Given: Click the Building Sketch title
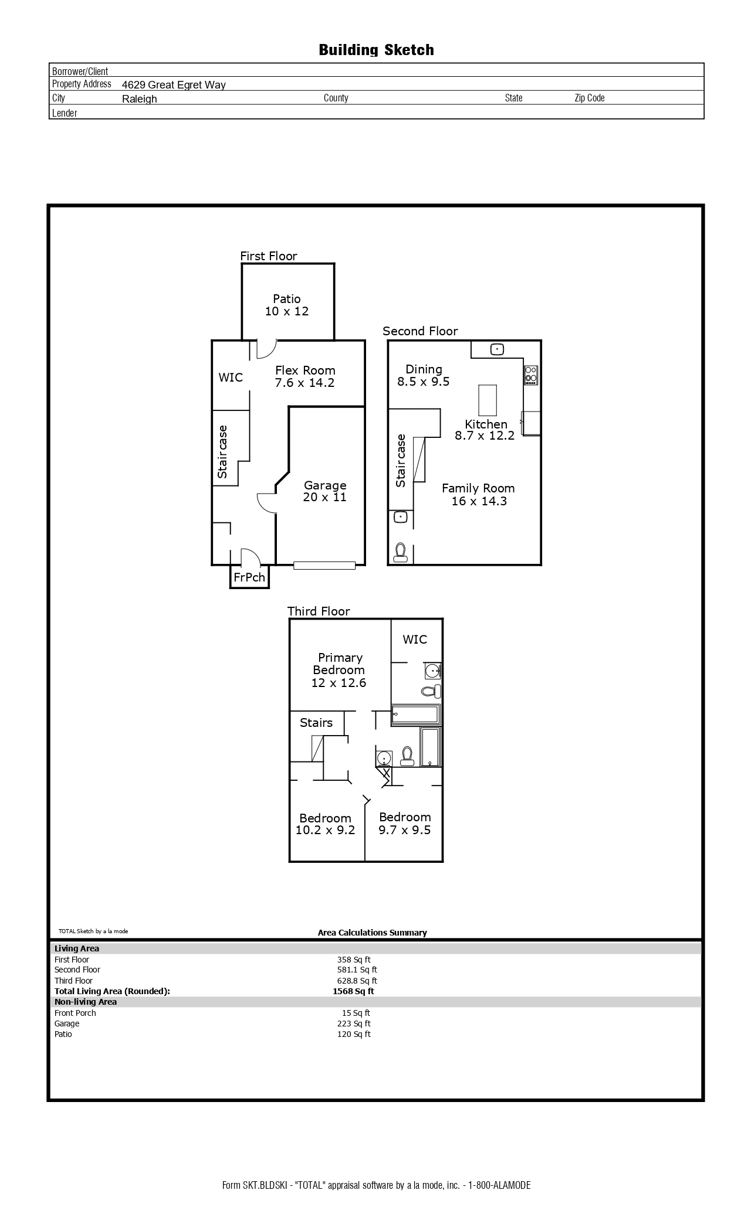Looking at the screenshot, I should [x=376, y=50].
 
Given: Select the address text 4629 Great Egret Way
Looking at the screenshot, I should [x=174, y=85].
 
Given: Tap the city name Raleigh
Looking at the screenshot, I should [x=140, y=99].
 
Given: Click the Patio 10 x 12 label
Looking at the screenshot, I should [x=286, y=305].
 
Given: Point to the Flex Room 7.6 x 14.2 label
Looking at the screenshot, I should [x=305, y=376].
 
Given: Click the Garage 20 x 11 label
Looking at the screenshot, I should [x=325, y=491].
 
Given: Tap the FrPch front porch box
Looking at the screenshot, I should [x=249, y=577].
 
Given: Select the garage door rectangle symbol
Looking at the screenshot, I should [x=324, y=565].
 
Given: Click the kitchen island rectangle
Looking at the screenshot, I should [x=488, y=400].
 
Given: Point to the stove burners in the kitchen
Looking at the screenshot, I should [x=531, y=375].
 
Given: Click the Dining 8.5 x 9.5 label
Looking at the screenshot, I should [x=424, y=375].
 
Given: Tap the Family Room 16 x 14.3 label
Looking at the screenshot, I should [x=478, y=494].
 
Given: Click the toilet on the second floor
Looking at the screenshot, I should [x=401, y=552].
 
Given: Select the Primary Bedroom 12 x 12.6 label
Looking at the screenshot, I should [x=339, y=670].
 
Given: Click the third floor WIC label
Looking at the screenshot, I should [x=415, y=640].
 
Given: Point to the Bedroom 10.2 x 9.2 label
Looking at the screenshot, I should [x=325, y=824].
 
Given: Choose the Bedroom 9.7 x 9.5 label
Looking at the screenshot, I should [x=405, y=823].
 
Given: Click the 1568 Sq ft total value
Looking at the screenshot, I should [x=353, y=991].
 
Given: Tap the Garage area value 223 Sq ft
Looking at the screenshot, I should [x=354, y=1023].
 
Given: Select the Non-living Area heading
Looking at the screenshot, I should [x=86, y=1002].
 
